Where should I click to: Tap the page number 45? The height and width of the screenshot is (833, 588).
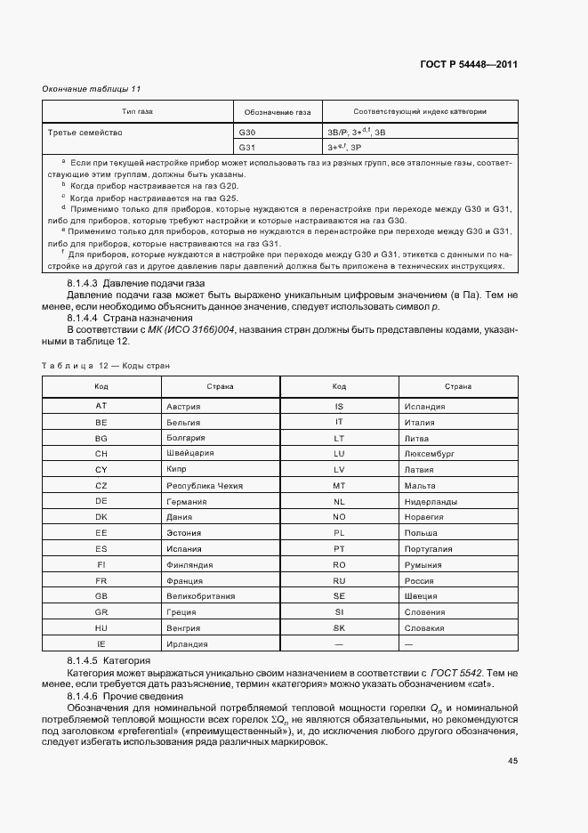[512, 760]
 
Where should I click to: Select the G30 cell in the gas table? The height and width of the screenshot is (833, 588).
[247, 132]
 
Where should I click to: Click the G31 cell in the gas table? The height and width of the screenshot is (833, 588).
[247, 147]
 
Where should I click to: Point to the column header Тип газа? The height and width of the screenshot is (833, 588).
[137, 112]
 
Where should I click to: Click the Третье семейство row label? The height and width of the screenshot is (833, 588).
[85, 132]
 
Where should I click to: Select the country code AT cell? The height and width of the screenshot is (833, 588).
[101, 406]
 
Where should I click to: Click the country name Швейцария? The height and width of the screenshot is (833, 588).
[189, 453]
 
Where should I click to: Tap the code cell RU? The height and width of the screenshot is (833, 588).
[339, 580]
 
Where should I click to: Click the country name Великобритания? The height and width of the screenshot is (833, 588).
[201, 596]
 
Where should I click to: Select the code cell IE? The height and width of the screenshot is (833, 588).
[101, 643]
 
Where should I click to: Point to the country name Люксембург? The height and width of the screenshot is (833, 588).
[430, 453]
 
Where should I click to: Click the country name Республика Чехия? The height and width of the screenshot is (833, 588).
[205, 485]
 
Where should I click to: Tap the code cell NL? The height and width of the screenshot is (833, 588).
[339, 501]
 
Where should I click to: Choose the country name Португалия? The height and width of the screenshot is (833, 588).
[427, 548]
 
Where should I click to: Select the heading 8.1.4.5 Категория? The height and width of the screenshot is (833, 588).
[109, 662]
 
